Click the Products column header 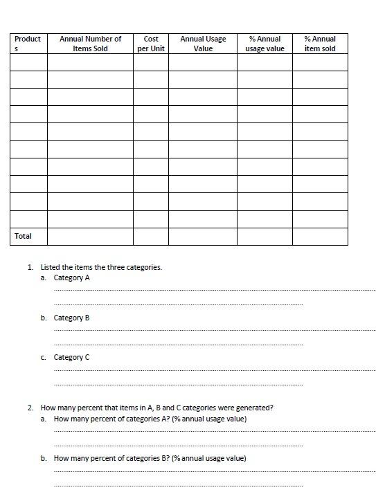point(28,44)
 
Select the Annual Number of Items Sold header point(90,44)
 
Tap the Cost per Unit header point(151,44)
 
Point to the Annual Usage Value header point(203,44)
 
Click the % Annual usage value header point(265,44)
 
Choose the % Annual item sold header point(320,44)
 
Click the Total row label point(23,236)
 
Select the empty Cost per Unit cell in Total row point(151,236)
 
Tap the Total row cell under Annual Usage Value point(203,236)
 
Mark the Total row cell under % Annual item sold point(320,236)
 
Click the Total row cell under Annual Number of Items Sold point(90,236)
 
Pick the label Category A point(72,277)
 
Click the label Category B point(72,318)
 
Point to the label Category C point(72,357)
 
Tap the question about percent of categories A point(150,419)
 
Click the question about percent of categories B point(150,458)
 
